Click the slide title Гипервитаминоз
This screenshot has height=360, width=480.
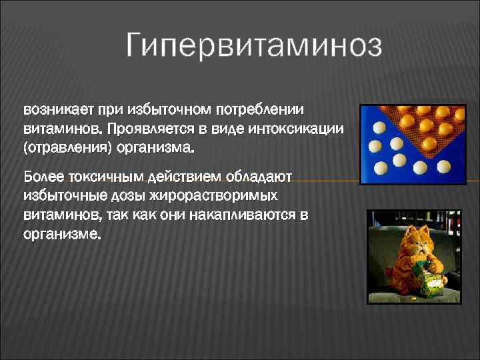tap(253, 47)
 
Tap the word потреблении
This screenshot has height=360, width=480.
tap(265, 109)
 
